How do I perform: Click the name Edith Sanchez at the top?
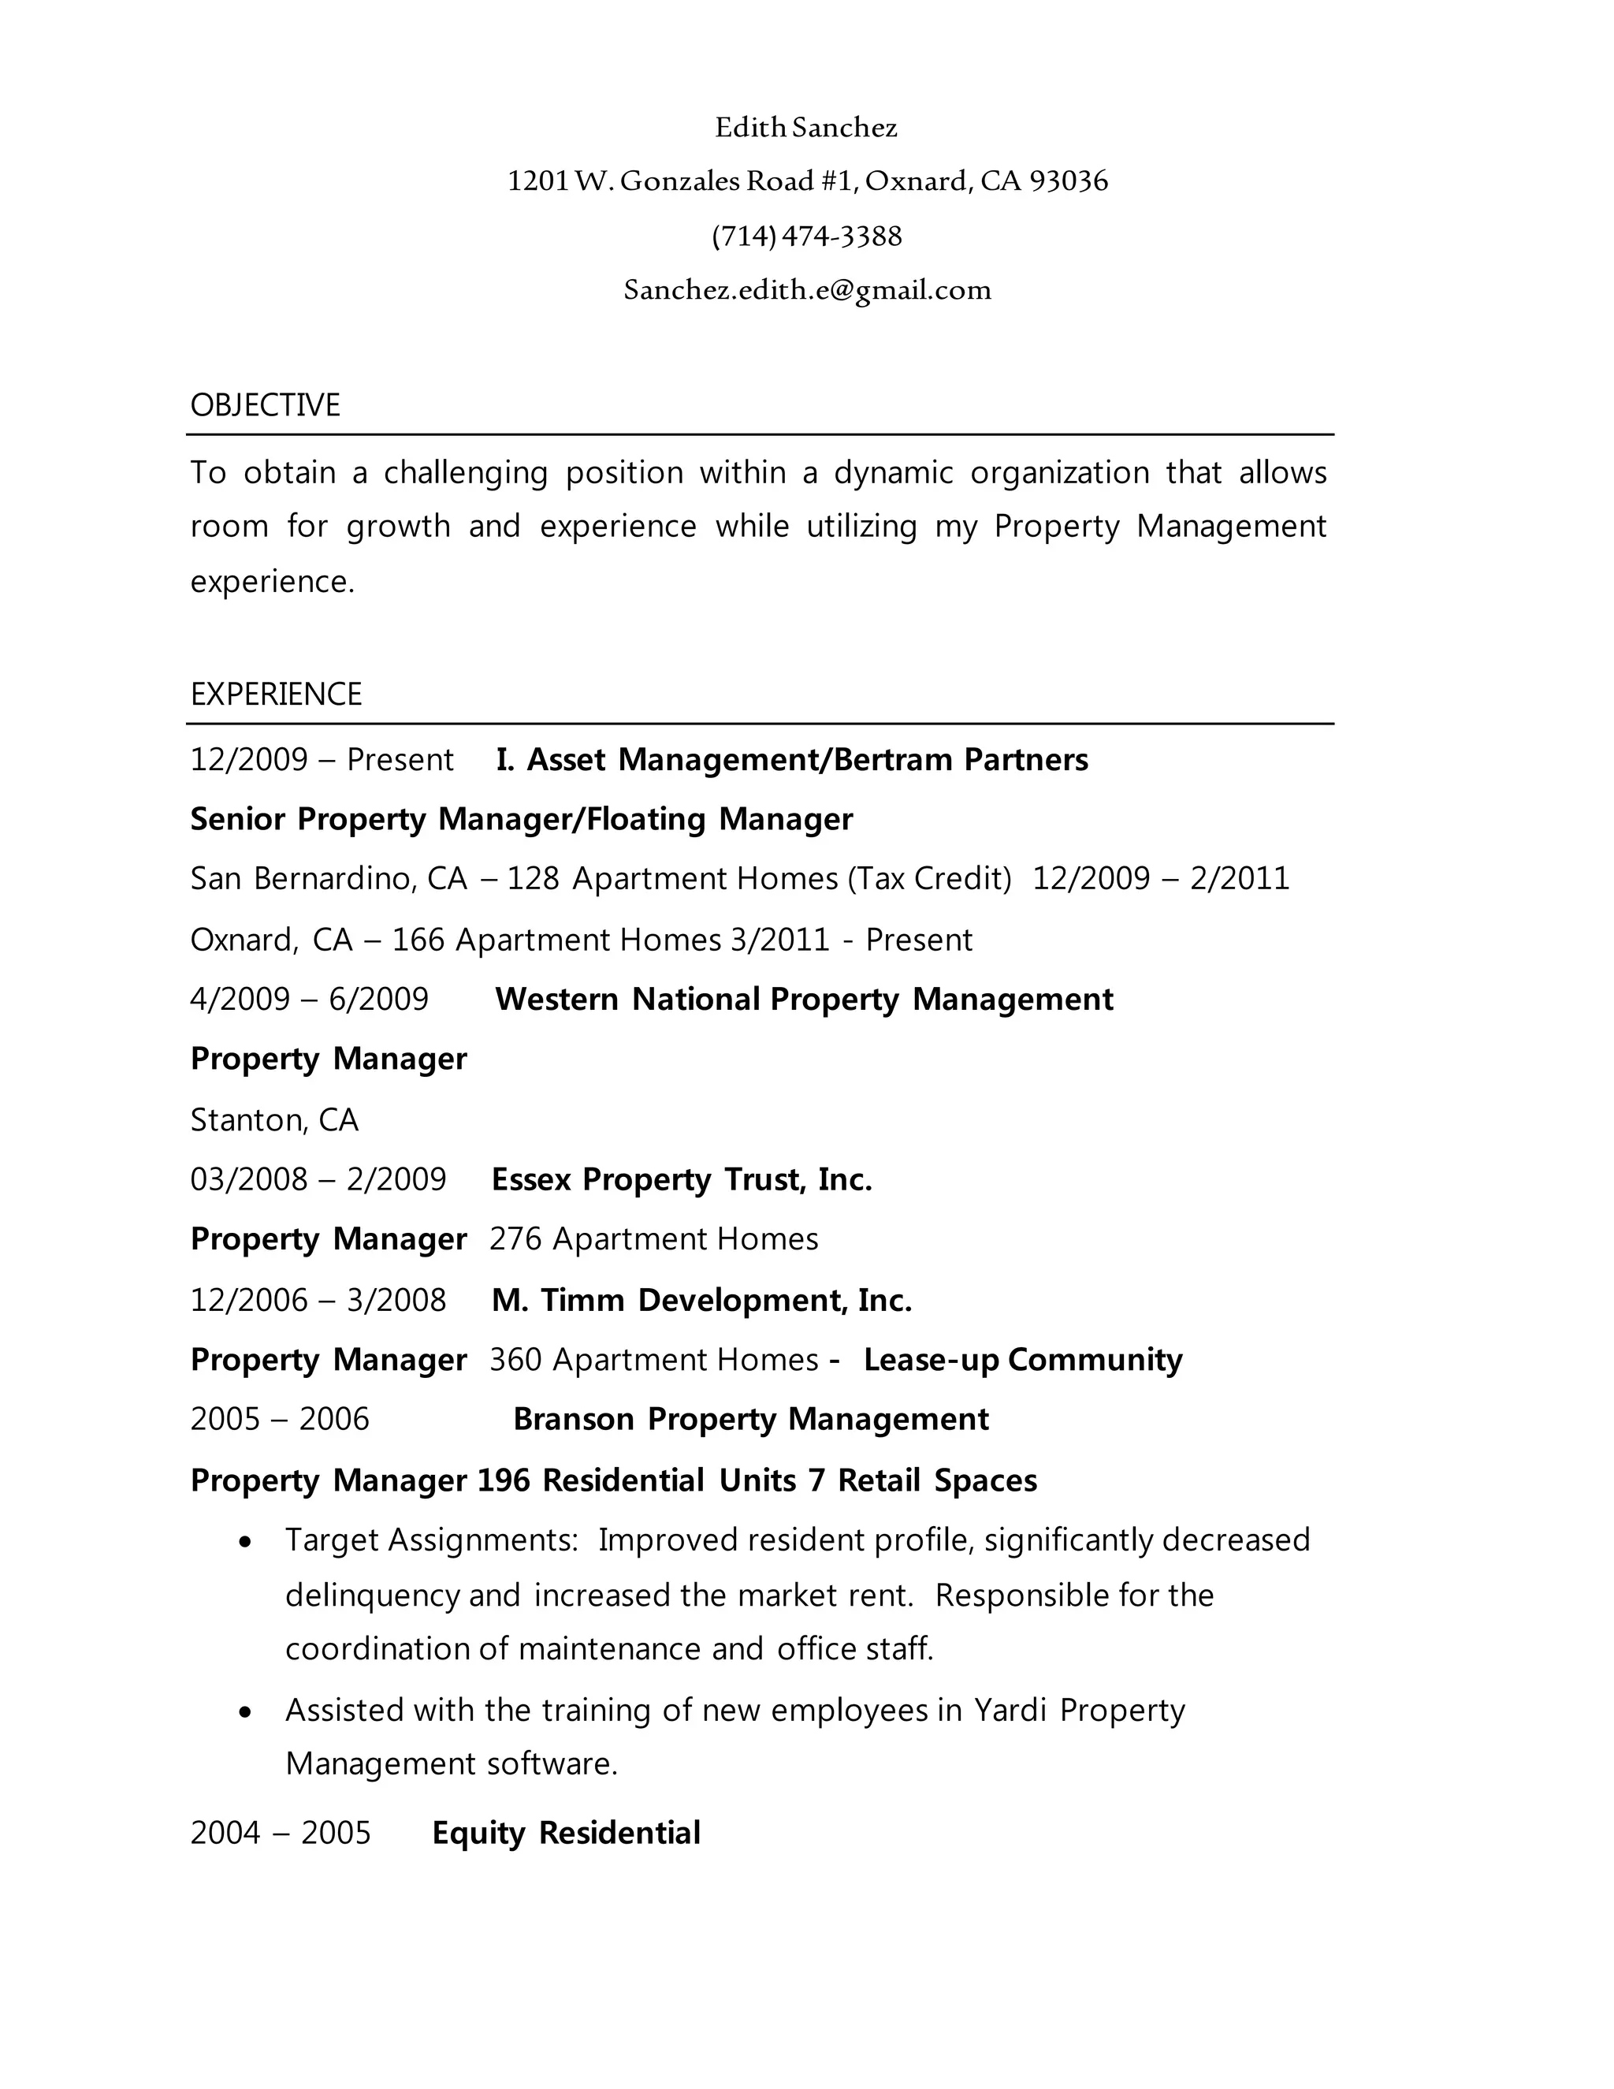pyautogui.click(x=806, y=127)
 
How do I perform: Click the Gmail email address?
pyautogui.click(x=807, y=290)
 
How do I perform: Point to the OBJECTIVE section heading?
pyautogui.click(x=265, y=405)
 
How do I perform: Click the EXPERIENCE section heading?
pyautogui.click(x=275, y=694)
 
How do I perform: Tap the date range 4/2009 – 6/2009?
pyautogui.click(x=309, y=999)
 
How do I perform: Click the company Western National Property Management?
pyautogui.click(x=803, y=999)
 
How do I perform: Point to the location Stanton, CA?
pyautogui.click(x=274, y=1119)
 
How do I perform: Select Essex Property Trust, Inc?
pyautogui.click(x=681, y=1179)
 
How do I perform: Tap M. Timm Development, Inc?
pyautogui.click(x=701, y=1300)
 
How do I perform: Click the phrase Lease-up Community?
pyautogui.click(x=1022, y=1359)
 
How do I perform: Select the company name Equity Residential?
pyautogui.click(x=566, y=1833)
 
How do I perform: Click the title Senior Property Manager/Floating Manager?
pyautogui.click(x=521, y=819)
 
